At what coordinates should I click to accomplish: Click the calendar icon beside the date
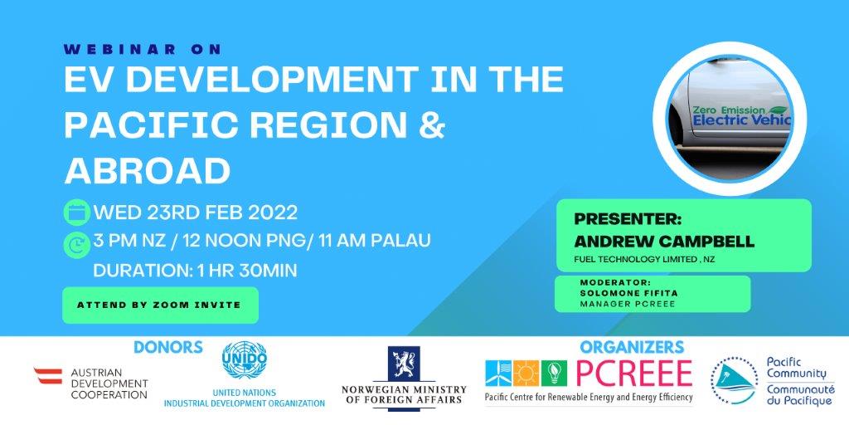[77, 212]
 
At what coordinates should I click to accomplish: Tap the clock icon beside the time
[77, 245]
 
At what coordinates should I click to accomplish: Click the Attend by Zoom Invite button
[160, 305]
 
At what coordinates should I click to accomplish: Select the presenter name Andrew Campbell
[664, 242]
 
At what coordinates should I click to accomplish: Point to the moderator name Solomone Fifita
[628, 293]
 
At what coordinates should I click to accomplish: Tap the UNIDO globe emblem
[245, 359]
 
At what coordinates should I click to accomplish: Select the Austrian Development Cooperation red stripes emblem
[48, 376]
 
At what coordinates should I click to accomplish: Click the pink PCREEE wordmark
[634, 373]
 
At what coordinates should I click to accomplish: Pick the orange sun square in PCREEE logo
[526, 373]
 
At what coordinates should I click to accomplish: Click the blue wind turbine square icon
[498, 373]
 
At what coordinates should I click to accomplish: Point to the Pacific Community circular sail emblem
[735, 380]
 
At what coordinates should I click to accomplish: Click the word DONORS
[168, 347]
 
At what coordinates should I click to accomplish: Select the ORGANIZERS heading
[632, 347]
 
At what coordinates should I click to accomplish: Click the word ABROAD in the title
[148, 171]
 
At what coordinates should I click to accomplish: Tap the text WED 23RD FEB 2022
[196, 212]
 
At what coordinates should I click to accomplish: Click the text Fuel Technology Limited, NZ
[644, 260]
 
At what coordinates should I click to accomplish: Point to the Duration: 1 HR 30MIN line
[196, 270]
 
